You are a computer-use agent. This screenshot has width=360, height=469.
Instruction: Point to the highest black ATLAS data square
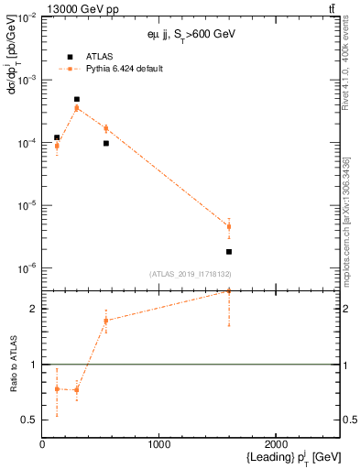[77, 99]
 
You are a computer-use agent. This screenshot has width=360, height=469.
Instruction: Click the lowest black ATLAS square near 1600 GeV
[229, 251]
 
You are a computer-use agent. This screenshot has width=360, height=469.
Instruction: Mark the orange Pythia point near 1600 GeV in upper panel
[229, 226]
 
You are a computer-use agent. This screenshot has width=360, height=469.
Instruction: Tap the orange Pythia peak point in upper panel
[77, 107]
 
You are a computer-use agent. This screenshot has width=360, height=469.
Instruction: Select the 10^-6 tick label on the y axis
[25, 268]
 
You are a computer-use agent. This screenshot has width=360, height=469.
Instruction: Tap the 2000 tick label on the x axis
[277, 445]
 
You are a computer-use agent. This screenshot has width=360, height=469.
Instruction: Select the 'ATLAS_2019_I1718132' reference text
[191, 274]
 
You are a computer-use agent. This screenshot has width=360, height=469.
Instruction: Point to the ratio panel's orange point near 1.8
[106, 320]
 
